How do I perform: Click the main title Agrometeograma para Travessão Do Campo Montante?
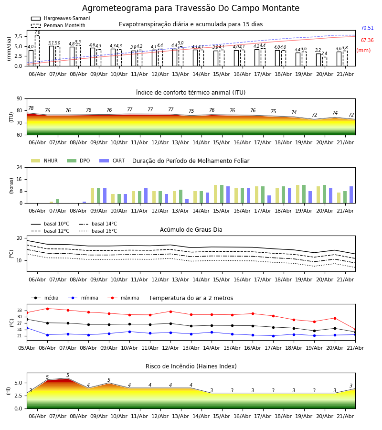pos(191,8)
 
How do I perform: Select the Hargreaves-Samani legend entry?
pos(61,18)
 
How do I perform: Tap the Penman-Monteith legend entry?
pos(58,25)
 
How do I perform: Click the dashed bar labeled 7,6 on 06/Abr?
pos(37,51)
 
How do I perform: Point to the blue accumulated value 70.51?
pos(367,28)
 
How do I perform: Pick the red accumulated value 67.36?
pos(367,40)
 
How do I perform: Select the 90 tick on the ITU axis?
pos(19,99)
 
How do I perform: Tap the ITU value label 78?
pos(31,108)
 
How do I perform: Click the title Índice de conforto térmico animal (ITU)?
pos(191,92)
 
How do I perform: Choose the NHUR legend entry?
pos(44,161)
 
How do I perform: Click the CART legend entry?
pos(112,161)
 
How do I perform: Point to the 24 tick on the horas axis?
pos(19,167)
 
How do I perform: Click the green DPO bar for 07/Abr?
pos(58,201)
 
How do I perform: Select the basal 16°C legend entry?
pos(98,231)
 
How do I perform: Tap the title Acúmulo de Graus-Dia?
pos(191,230)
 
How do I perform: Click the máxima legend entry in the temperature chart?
pos(123,298)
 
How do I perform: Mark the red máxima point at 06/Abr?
pos(47,309)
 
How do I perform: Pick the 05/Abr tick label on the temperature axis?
pos(27,348)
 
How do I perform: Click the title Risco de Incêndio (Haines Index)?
pos(191,366)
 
